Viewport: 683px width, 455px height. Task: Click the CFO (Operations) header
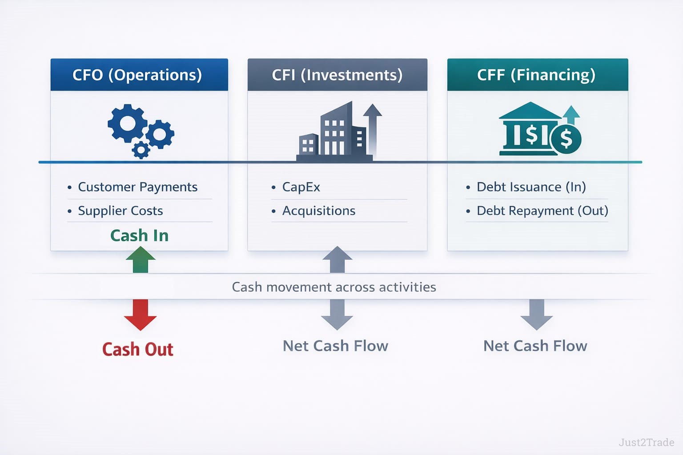pos(137,75)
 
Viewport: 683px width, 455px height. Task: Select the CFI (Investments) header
pos(337,75)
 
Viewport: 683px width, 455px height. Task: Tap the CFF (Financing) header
pos(536,75)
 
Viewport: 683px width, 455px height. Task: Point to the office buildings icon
pos(334,132)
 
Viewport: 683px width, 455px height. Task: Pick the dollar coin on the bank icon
pos(566,139)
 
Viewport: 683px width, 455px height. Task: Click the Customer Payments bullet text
pos(137,187)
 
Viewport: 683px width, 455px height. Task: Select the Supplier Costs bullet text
pos(120,211)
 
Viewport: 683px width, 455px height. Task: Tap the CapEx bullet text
pos(301,187)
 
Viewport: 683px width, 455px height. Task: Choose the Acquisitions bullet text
pos(319,211)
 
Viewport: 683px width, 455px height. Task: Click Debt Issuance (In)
pos(531,187)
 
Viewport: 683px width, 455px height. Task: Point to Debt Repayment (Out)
pos(542,211)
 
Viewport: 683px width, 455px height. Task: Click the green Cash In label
pos(140,235)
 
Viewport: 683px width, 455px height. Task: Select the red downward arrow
pos(141,314)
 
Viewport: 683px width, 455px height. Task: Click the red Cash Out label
pos(138,349)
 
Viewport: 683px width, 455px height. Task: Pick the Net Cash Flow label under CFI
pos(336,346)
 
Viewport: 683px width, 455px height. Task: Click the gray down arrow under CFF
pos(536,314)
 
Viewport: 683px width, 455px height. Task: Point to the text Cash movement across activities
pos(334,287)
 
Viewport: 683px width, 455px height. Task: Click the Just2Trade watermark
pos(646,442)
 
